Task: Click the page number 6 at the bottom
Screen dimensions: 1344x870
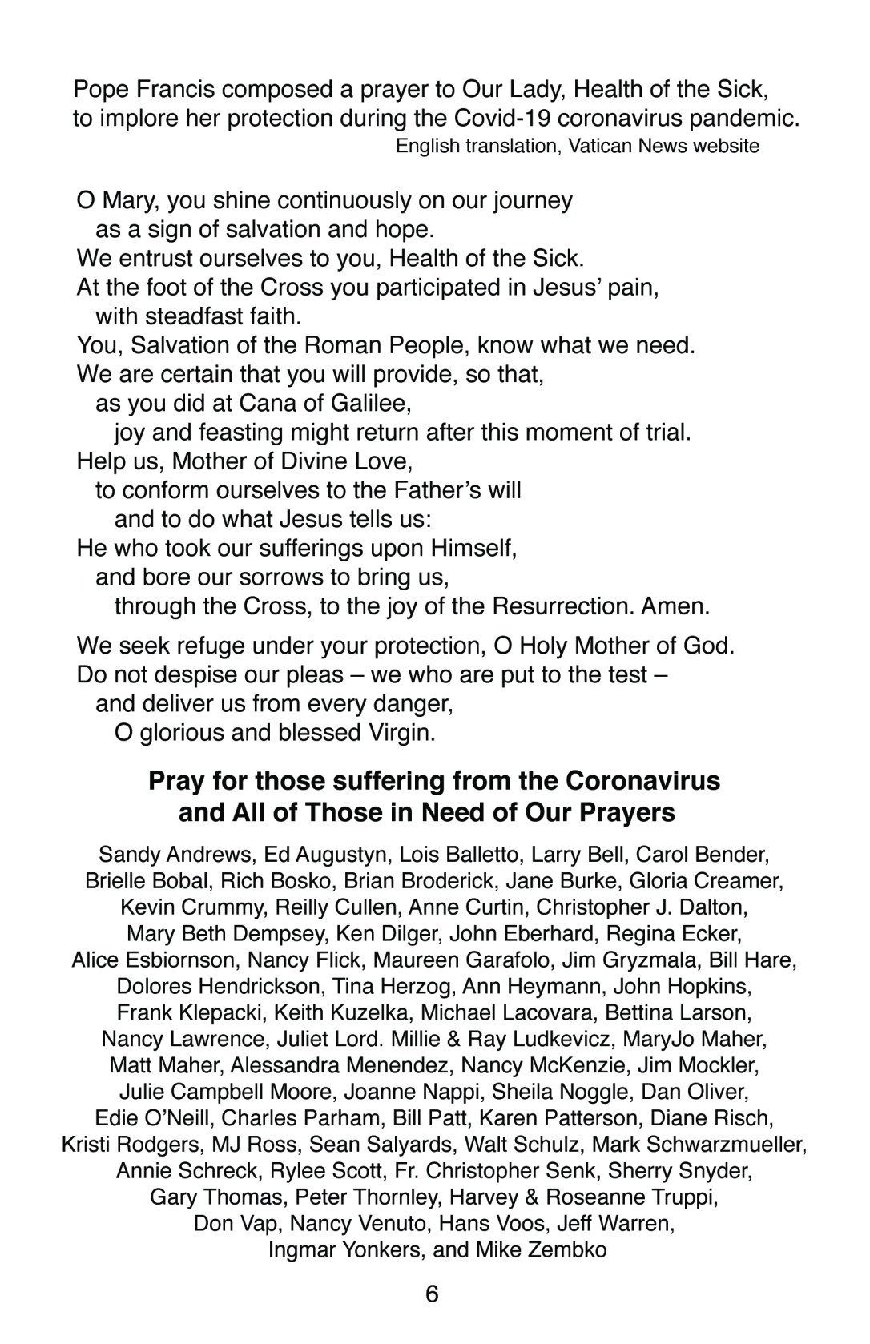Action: point(433,1294)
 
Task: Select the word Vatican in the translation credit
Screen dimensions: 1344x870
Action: point(602,146)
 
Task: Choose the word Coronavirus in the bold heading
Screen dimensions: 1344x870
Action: point(643,780)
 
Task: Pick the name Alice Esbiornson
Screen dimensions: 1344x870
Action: point(154,960)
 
